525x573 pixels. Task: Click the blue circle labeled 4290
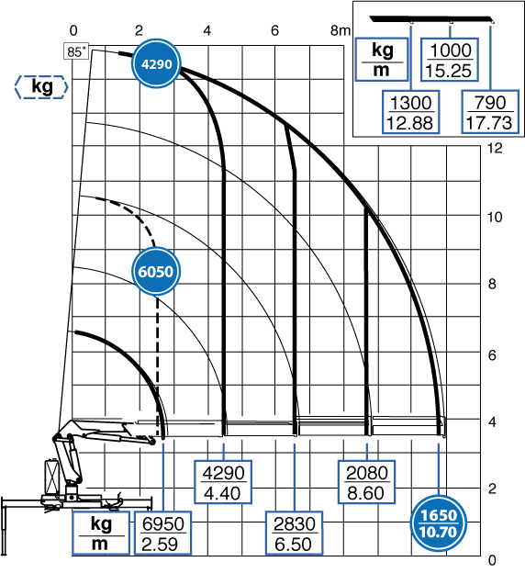[x=156, y=64]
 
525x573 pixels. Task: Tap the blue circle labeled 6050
[x=156, y=271]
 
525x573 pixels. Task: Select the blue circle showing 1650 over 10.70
[x=439, y=523]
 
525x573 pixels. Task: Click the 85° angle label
[x=77, y=51]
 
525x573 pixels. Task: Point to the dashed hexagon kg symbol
[x=41, y=87]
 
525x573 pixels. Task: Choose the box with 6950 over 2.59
[x=162, y=534]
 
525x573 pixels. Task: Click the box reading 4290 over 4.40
[x=223, y=482]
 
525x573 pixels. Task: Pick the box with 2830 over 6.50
[x=294, y=534]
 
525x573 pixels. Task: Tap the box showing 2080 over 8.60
[x=366, y=482]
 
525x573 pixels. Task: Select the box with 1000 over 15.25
[x=450, y=60]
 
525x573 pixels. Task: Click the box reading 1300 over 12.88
[x=410, y=112]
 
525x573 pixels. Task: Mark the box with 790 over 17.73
[x=490, y=112]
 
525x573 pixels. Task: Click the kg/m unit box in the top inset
[x=382, y=59]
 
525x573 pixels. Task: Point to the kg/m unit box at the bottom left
[x=100, y=534]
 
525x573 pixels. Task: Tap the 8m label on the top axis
[x=341, y=30]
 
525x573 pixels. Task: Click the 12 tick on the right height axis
[x=495, y=148]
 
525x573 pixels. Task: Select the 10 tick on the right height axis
[x=495, y=217]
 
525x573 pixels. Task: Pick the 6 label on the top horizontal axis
[x=274, y=30]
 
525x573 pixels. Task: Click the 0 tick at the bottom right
[x=492, y=560]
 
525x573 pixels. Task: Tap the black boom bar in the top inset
[x=431, y=19]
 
